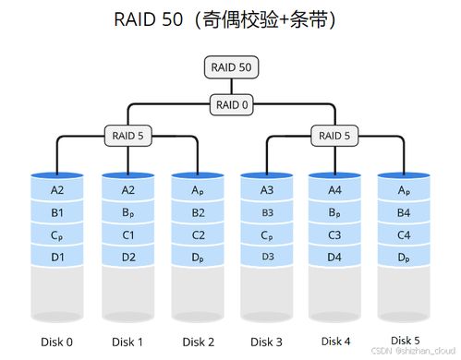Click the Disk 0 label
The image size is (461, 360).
[x=57, y=341]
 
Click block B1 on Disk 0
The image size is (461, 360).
[x=57, y=212]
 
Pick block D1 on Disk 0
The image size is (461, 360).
[x=57, y=256]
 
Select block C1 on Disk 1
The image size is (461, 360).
[x=127, y=234]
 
